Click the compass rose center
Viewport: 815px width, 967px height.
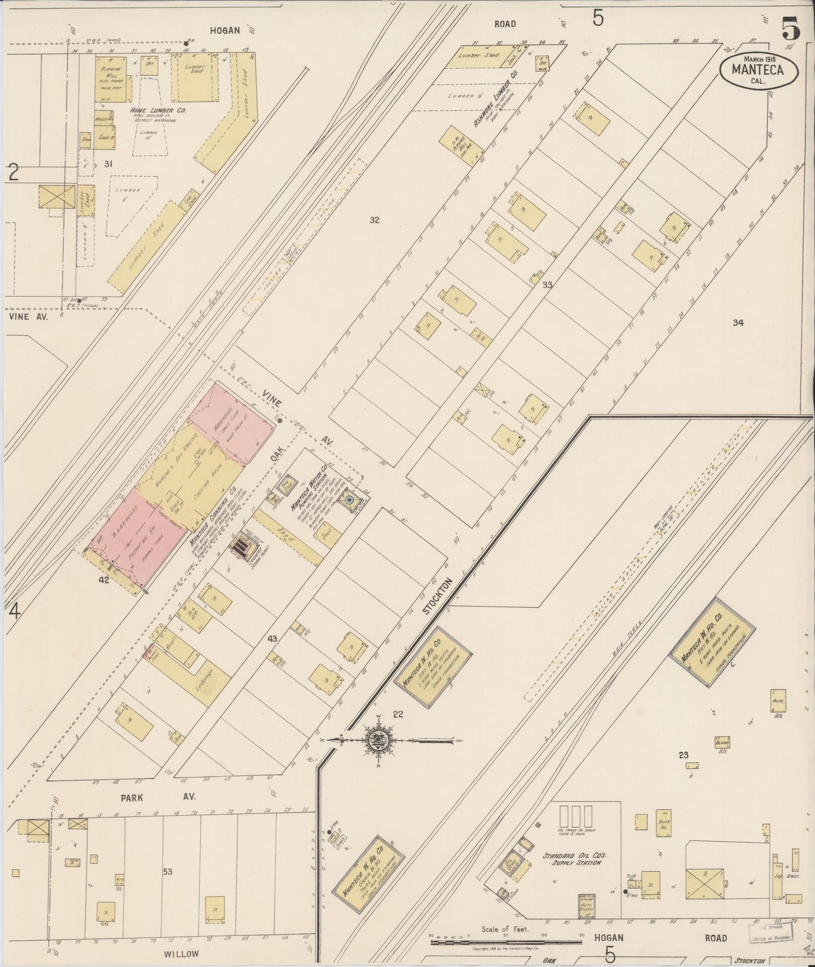pyautogui.click(x=376, y=740)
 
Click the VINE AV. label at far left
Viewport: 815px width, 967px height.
pyautogui.click(x=28, y=317)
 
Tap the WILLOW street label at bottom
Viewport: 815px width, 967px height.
pyautogui.click(x=181, y=954)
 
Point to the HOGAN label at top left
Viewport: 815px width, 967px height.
pyautogui.click(x=225, y=31)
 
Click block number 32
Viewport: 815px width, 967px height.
pyautogui.click(x=374, y=220)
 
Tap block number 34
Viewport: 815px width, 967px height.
pyautogui.click(x=738, y=323)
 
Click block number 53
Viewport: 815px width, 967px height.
pyautogui.click(x=168, y=872)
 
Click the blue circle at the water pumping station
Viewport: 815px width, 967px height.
pyautogui.click(x=349, y=500)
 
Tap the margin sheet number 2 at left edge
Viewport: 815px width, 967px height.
pyautogui.click(x=14, y=172)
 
